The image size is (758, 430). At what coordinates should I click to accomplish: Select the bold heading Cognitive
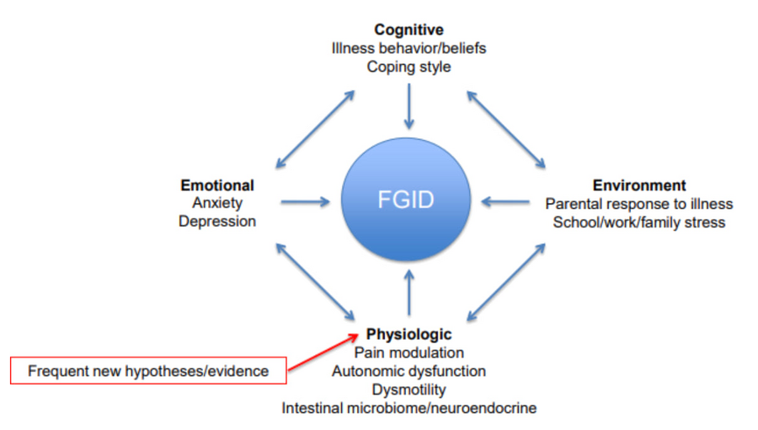[408, 30]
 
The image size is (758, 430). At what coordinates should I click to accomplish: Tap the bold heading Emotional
[217, 185]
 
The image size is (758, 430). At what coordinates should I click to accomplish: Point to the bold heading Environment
[639, 185]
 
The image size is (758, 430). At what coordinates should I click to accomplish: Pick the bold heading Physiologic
[408, 334]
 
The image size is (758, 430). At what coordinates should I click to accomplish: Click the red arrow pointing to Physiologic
[318, 352]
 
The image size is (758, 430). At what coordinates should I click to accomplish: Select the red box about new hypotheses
[148, 371]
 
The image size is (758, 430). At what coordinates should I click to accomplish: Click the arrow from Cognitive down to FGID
[409, 105]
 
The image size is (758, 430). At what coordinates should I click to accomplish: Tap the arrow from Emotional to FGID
[305, 202]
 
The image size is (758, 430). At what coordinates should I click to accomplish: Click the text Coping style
[408, 67]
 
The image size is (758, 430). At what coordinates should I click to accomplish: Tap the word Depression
[217, 222]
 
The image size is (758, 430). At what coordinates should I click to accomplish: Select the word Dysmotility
[408, 390]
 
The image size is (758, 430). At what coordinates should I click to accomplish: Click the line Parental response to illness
[639, 204]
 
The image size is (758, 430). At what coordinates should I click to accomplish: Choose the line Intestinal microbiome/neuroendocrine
[408, 408]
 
